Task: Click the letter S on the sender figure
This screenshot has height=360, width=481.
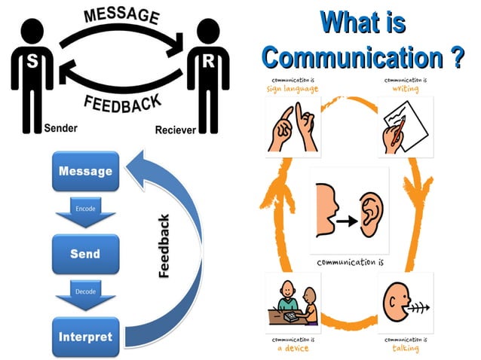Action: coord(32,63)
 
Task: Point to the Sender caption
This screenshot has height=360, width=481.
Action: coord(61,128)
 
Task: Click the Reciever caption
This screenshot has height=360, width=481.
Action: coord(175,130)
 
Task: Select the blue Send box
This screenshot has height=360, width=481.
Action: coord(85,255)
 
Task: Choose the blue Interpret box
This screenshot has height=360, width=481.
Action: coord(85,336)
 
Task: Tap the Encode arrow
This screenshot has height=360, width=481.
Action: coord(85,213)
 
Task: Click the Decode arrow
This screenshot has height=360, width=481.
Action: coord(85,294)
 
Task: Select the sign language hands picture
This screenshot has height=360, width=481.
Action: coord(293,127)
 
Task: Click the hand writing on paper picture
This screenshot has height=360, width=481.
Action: coord(406,127)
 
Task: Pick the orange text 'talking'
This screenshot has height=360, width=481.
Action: coord(406,348)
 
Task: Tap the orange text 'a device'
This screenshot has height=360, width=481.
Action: coord(293,348)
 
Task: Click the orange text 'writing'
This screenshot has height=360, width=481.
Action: coord(406,88)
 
